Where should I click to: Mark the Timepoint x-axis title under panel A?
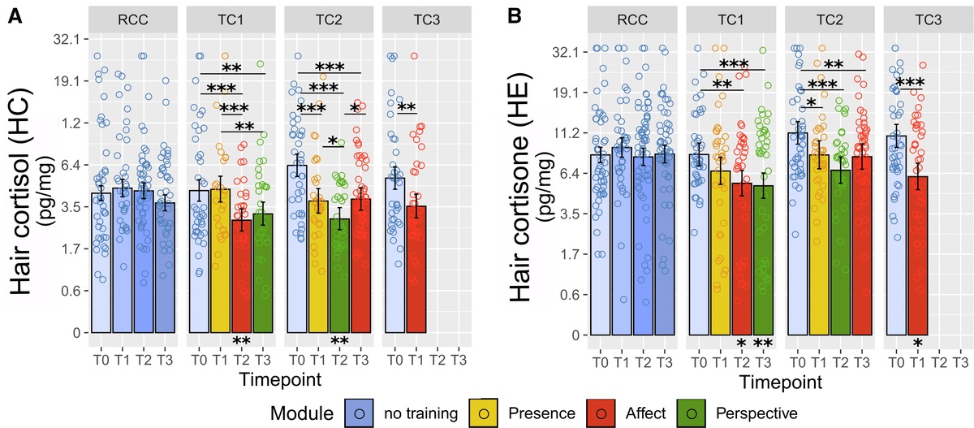(279, 378)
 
